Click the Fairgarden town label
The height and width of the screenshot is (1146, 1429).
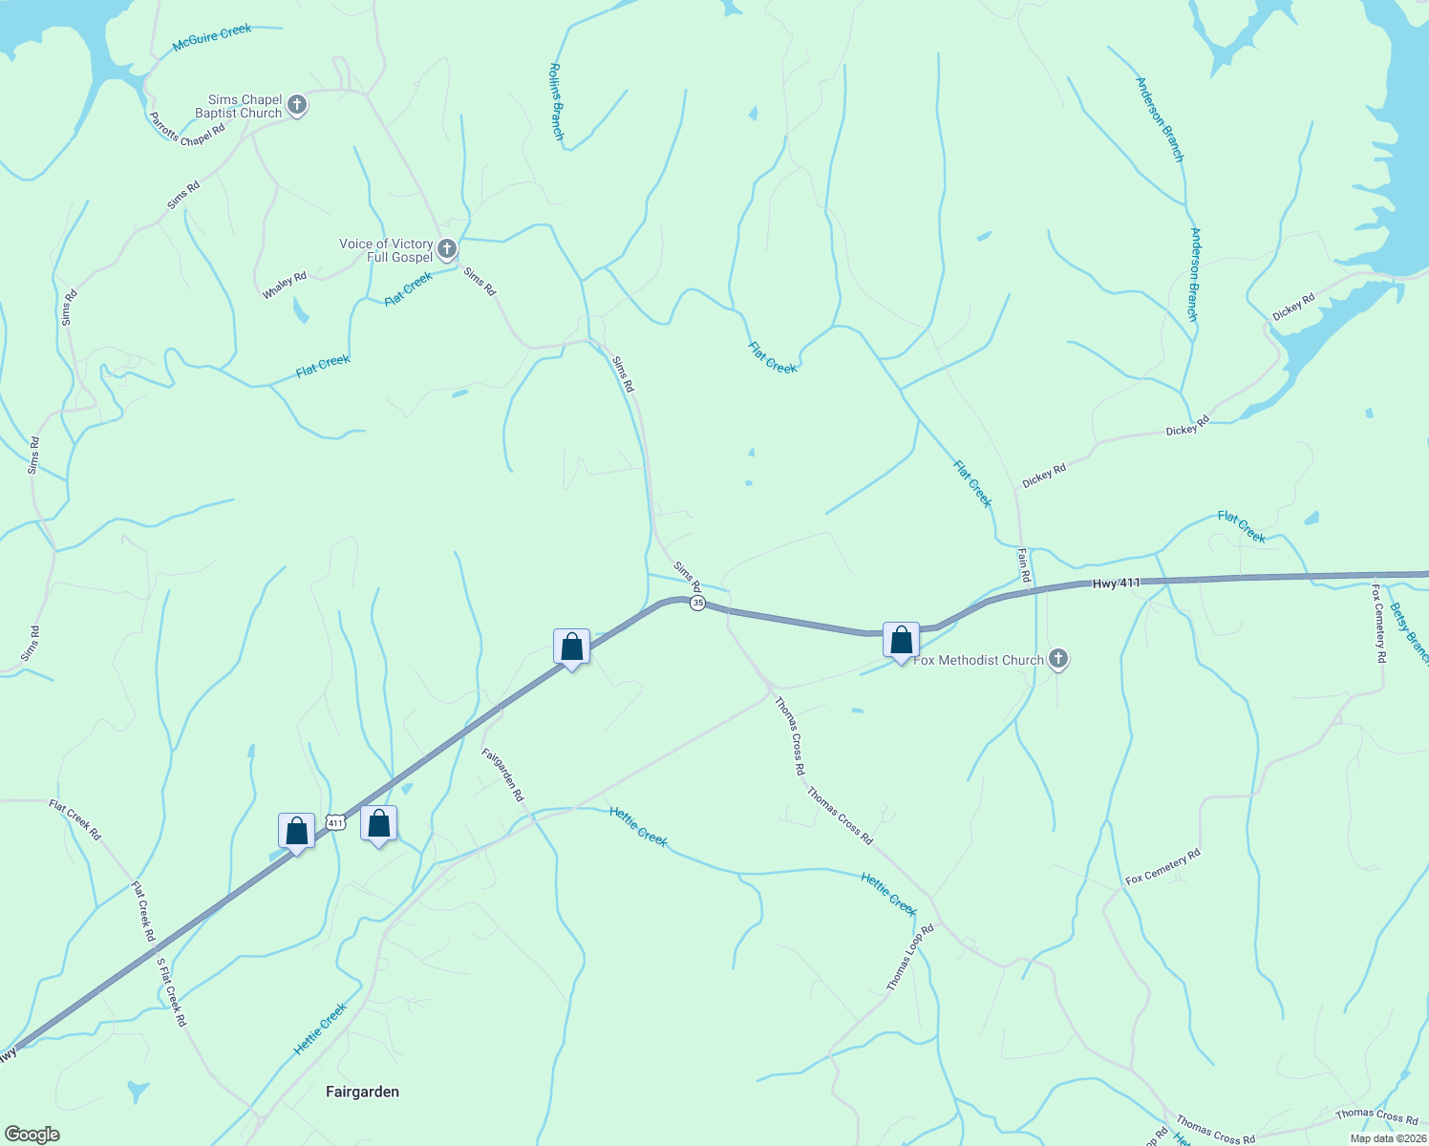click(362, 1092)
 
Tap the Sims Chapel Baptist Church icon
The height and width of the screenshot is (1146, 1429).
click(297, 105)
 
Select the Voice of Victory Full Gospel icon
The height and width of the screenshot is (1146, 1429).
click(447, 250)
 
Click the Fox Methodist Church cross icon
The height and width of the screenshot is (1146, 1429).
click(1057, 659)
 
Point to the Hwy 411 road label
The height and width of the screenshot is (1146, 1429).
click(1117, 583)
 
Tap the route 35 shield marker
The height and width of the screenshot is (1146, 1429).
click(698, 604)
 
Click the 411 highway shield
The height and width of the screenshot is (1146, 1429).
click(334, 821)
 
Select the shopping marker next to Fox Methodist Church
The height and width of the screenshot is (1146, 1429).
click(901, 641)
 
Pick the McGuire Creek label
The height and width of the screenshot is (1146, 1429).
click(212, 38)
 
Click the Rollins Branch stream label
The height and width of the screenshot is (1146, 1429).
click(556, 102)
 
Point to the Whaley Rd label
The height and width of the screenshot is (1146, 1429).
click(285, 285)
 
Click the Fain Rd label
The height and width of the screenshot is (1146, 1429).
click(1024, 565)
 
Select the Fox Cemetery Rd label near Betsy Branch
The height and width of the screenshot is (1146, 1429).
click(1378, 623)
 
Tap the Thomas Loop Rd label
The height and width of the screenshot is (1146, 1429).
click(909, 957)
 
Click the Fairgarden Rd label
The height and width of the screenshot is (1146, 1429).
click(502, 774)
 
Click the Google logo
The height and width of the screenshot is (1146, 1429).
click(32, 1135)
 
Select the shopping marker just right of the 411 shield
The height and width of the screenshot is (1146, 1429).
click(379, 824)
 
